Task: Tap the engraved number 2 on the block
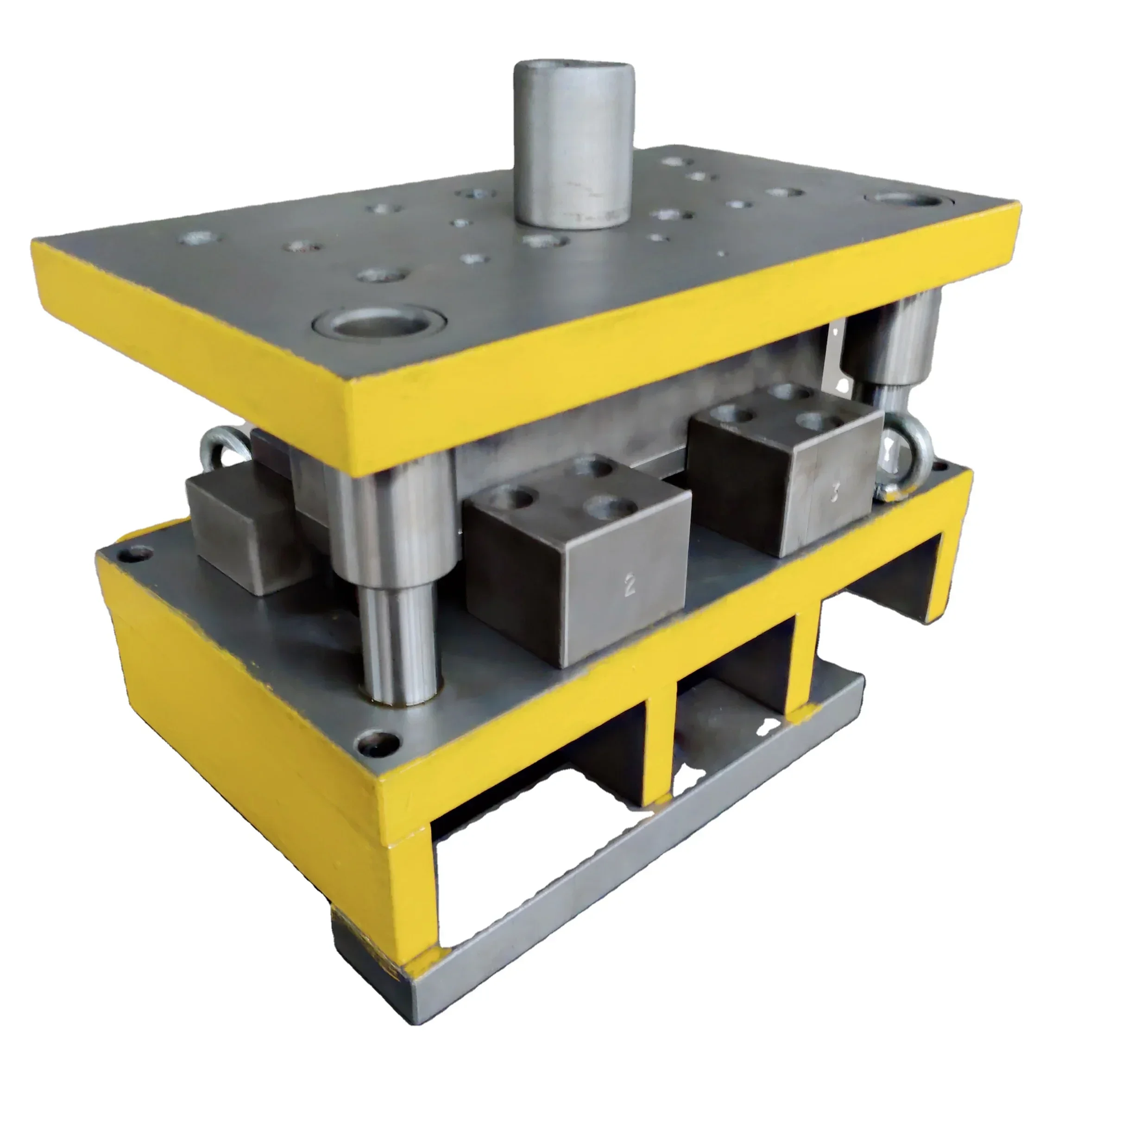click(x=630, y=585)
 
